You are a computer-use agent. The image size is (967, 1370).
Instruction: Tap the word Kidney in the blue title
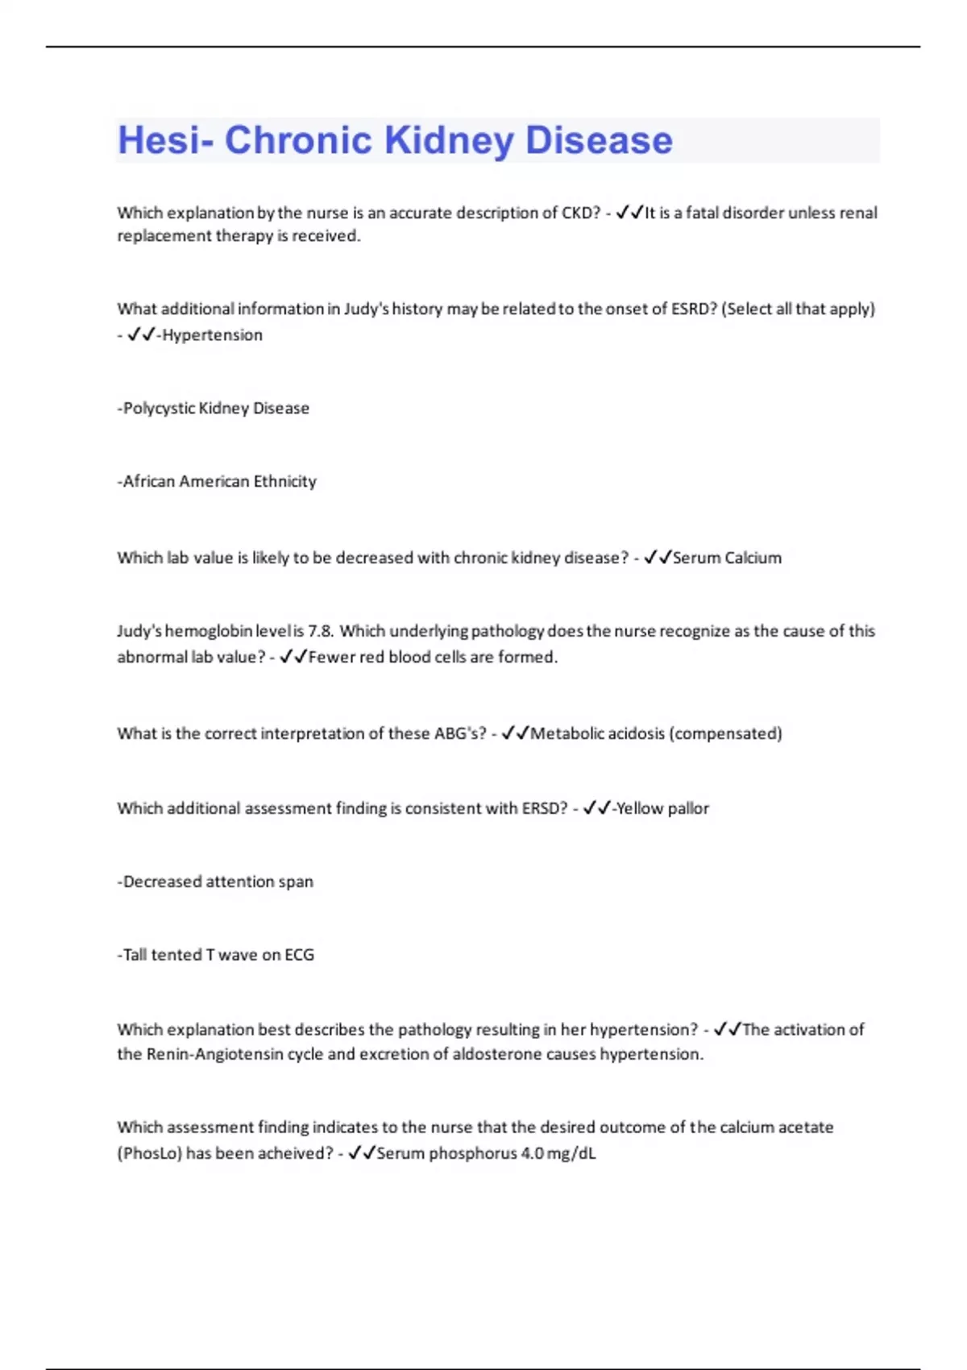coord(448,140)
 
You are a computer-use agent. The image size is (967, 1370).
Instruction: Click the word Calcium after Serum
coord(753,558)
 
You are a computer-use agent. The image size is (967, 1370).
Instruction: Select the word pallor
coord(687,808)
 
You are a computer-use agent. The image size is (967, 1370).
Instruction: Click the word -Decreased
coord(159,882)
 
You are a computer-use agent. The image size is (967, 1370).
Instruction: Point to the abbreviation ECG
coord(299,955)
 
